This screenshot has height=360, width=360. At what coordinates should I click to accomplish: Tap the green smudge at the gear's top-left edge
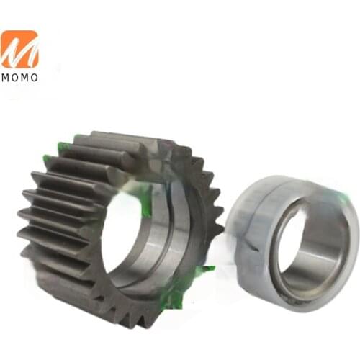64,148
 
